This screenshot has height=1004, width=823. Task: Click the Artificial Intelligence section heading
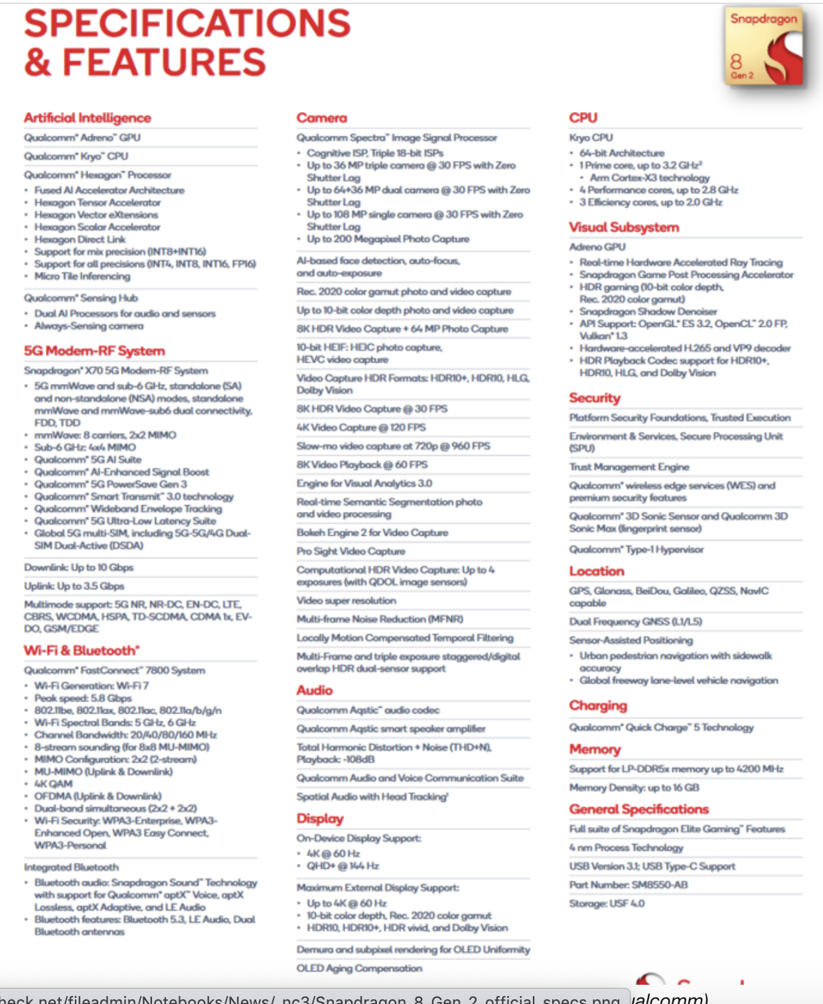click(88, 118)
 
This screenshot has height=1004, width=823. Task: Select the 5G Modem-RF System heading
click(94, 351)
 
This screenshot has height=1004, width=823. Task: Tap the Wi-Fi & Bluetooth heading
click(82, 651)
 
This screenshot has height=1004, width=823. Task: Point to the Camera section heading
click(322, 118)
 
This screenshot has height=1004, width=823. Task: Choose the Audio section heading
click(315, 690)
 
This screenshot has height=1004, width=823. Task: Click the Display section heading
click(320, 818)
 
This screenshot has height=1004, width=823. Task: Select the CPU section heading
click(583, 118)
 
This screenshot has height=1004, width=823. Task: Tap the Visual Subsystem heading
click(624, 227)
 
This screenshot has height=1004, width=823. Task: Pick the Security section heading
click(595, 398)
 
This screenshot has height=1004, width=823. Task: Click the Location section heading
click(597, 571)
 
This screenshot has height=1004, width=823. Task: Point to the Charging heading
click(598, 706)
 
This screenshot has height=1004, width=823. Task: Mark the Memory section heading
click(595, 749)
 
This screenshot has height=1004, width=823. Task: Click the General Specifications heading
click(639, 809)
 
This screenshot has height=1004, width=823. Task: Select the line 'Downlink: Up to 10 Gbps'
click(79, 568)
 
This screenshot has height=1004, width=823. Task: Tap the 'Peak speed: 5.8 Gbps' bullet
click(83, 698)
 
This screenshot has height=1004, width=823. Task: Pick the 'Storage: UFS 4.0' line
click(607, 904)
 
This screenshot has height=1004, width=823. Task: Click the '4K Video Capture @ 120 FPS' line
click(361, 428)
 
